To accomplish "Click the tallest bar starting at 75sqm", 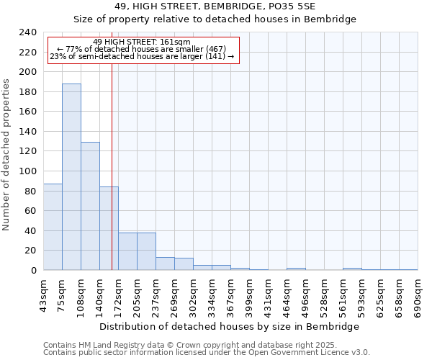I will pyautogui.click(x=71, y=177).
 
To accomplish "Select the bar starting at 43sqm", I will pyautogui.click(x=53, y=227).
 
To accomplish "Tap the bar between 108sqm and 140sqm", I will pyautogui.click(x=90, y=206).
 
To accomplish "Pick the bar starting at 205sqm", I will pyautogui.click(x=146, y=251).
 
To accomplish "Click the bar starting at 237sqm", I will pyautogui.click(x=165, y=264).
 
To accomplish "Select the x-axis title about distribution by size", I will pyautogui.click(x=229, y=326).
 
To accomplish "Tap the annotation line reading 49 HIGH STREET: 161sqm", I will pyautogui.click(x=142, y=42).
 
